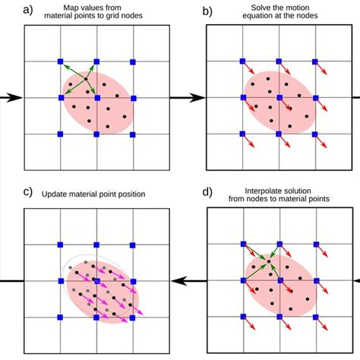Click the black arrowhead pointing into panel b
[199, 97]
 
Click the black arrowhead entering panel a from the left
[14, 97]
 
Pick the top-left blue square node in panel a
[60, 61]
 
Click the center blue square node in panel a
[96, 97]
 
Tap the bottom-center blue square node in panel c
[96, 317]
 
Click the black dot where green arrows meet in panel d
[268, 262]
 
